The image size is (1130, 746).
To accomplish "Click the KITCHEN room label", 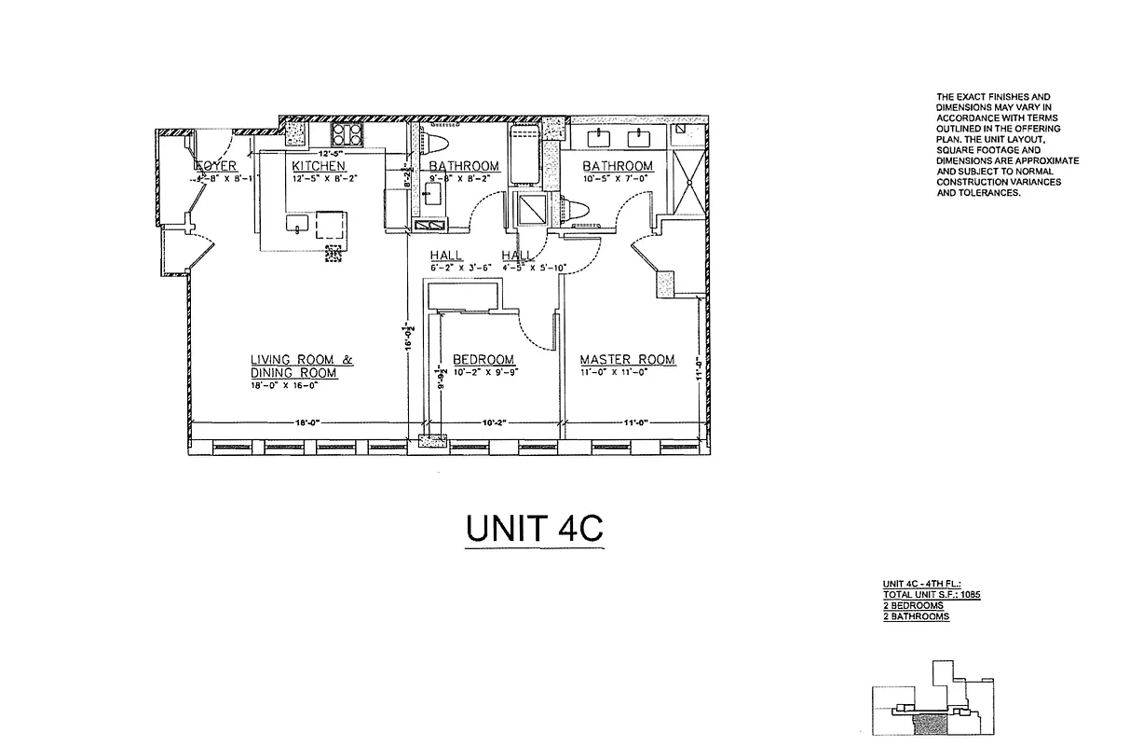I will (x=318, y=166).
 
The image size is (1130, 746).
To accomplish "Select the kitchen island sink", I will (x=297, y=227).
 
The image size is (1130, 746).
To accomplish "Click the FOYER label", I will (x=216, y=166).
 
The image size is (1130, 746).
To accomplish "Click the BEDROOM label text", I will (x=483, y=360).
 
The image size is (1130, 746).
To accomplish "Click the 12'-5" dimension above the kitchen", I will (x=331, y=152).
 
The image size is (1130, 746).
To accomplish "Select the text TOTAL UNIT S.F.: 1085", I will (x=932, y=594).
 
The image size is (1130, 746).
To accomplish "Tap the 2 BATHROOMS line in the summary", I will (x=917, y=616).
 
